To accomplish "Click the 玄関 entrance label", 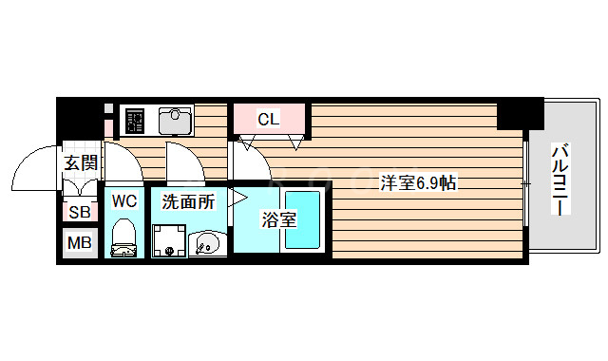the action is (81, 163).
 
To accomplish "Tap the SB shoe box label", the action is (79, 213).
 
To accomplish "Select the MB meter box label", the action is (79, 243).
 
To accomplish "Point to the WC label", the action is (124, 200).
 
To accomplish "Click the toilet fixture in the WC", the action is (123, 238).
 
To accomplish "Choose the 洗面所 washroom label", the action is (187, 201).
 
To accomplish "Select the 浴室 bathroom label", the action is (279, 220).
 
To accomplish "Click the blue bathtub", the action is (305, 220).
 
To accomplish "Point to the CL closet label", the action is (270, 120).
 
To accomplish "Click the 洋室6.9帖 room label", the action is (419, 181).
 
